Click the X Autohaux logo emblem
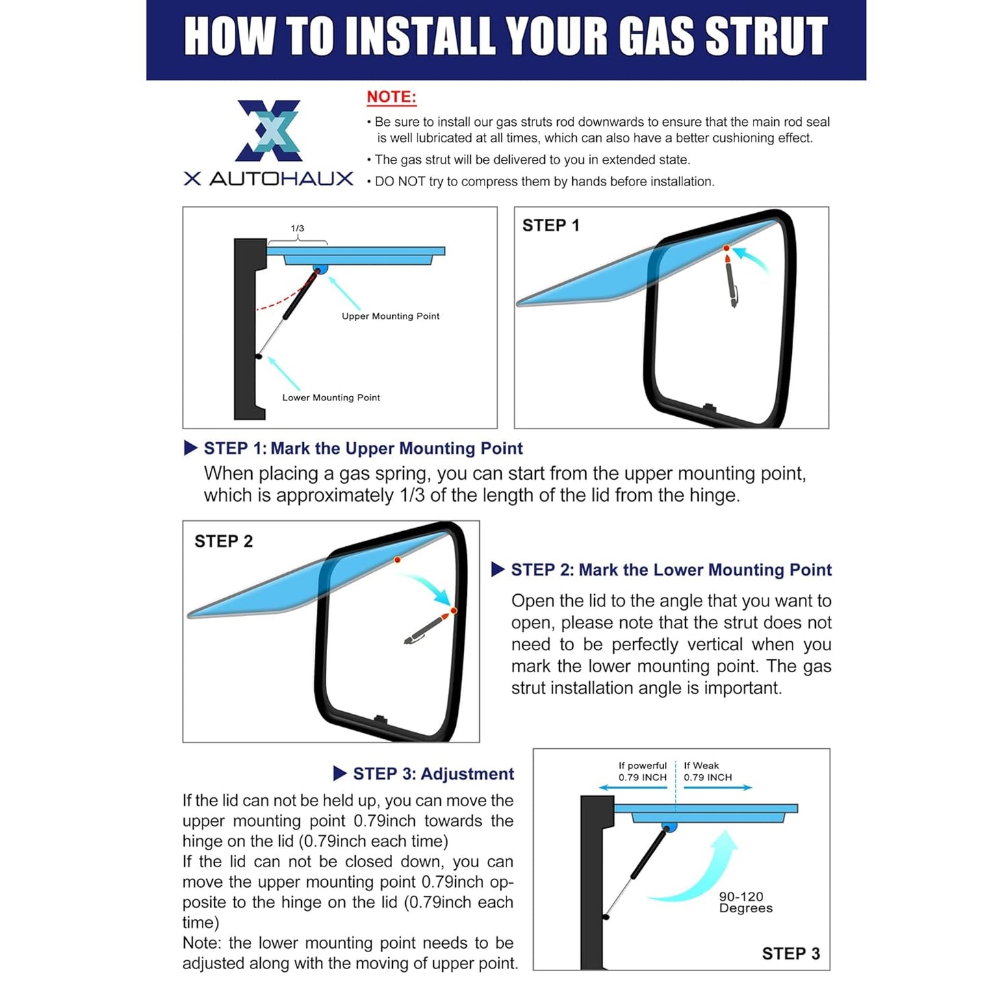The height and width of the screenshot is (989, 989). click(268, 130)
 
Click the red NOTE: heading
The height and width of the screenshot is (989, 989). click(391, 97)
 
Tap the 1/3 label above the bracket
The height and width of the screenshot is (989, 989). click(297, 228)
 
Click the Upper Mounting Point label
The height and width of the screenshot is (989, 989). click(391, 316)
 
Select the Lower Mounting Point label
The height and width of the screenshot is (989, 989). click(331, 397)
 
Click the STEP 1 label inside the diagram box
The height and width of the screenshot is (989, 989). click(551, 225)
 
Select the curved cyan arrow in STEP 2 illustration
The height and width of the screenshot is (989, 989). click(432, 585)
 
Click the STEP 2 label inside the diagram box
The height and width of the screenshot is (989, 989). click(223, 541)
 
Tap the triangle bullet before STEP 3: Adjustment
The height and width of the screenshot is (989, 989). click(339, 773)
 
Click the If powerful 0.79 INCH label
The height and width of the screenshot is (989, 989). click(642, 771)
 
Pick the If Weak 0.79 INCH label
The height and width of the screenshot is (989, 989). click(708, 771)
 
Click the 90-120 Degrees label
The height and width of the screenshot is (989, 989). click(745, 902)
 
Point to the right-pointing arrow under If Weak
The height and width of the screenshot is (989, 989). click(719, 787)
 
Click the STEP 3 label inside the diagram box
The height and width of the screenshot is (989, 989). click(791, 953)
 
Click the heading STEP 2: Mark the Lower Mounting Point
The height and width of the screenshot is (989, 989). click(671, 569)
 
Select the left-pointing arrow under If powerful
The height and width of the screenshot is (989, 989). click(633, 787)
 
